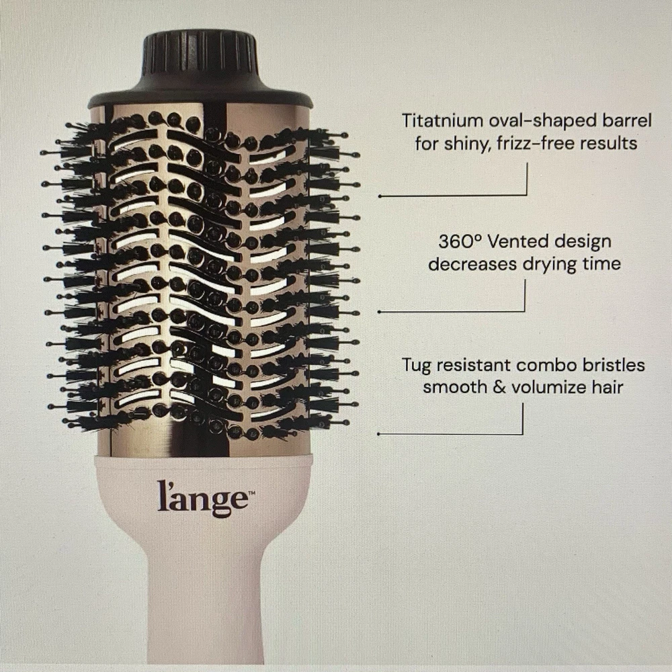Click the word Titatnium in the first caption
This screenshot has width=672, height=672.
442,121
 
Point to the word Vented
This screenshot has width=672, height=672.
516,242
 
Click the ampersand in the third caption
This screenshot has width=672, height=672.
499,388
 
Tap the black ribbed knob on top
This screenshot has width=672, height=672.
200,52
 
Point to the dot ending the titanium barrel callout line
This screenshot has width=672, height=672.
379,196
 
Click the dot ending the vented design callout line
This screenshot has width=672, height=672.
379,312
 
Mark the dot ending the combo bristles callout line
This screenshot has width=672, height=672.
379,434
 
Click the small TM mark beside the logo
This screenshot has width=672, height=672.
252,494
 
